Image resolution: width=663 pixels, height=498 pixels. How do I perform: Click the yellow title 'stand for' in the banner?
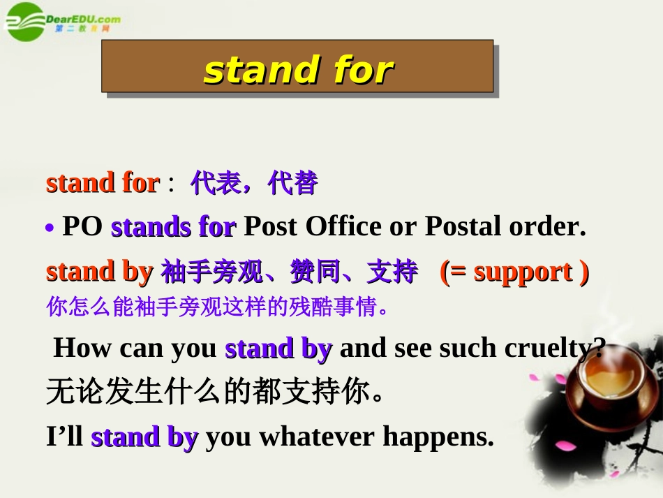[x=298, y=70]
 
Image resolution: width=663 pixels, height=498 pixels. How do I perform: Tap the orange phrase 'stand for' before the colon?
[x=103, y=183]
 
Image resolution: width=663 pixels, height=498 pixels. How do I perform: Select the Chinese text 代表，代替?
[x=254, y=183]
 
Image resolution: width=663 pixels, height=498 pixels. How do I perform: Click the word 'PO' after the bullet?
[x=83, y=226]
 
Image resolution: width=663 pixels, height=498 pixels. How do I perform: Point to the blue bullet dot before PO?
[x=50, y=228]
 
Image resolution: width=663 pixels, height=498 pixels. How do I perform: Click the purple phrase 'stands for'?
[x=173, y=226]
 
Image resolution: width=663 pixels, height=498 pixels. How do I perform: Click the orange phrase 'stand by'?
[x=99, y=271]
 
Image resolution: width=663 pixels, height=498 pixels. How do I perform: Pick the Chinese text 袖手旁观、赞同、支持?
[x=289, y=271]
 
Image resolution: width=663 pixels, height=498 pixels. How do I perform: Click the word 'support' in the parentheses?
[x=523, y=271]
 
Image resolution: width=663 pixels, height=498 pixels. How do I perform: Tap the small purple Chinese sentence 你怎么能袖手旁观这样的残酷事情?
[x=217, y=307]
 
